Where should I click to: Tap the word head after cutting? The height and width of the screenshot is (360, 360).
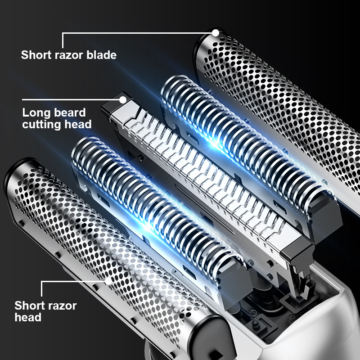coord(78,124)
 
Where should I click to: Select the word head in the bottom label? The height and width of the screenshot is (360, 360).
coord(28,317)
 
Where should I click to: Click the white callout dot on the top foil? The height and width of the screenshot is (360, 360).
coord(216,33)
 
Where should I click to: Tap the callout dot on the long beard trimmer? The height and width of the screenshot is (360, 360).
coord(123,100)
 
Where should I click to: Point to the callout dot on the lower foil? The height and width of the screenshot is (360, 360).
coord(108,281)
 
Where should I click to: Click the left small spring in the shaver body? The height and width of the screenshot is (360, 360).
coord(254,318)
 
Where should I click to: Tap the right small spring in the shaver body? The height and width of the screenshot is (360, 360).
coord(291,318)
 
